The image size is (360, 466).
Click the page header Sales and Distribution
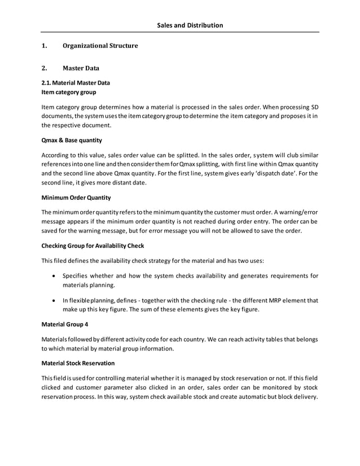pos(190,25)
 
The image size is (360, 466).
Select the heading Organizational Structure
pos(100,46)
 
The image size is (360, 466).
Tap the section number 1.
pos(45,46)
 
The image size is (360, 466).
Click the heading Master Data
pos(81,69)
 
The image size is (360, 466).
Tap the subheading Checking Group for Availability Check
pos(93,245)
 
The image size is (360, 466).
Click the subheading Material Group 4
pos(65,324)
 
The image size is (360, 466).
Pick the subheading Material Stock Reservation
pos(78,363)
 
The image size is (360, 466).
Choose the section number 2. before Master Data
pos(45,69)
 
